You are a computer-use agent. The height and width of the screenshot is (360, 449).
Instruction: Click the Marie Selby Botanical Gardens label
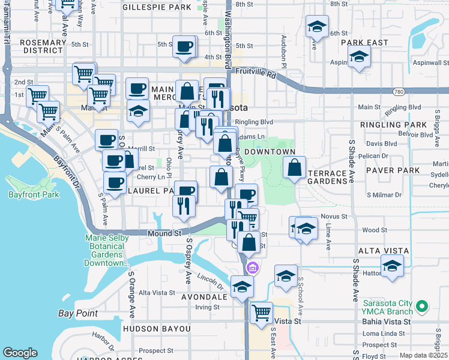tap(106, 251)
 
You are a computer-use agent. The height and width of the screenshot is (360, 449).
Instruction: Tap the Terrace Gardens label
tap(327, 178)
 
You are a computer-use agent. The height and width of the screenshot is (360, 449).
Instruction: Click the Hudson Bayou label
tap(157, 329)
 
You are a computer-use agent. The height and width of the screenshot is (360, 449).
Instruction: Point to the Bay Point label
tap(78, 313)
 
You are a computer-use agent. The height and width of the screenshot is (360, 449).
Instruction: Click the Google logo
tap(20, 353)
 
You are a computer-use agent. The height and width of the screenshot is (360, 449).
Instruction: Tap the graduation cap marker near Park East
tap(360, 58)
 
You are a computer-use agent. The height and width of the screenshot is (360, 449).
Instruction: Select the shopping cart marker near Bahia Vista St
tap(261, 312)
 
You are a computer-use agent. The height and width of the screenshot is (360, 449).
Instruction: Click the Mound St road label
tap(161, 233)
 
